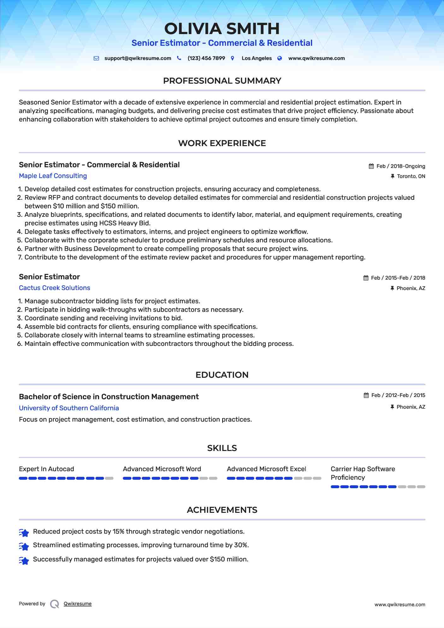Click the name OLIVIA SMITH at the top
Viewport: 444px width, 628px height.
click(222, 29)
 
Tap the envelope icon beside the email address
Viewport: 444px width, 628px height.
click(96, 58)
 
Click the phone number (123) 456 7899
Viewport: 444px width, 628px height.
click(206, 58)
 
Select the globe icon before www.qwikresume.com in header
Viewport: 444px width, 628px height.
click(280, 58)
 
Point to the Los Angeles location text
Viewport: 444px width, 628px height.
click(257, 58)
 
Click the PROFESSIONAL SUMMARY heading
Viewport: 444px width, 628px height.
click(222, 81)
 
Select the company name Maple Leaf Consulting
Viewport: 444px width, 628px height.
click(53, 176)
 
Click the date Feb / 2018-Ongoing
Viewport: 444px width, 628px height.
click(401, 166)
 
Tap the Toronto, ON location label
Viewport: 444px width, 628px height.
click(411, 176)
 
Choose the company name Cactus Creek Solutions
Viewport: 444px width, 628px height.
click(54, 288)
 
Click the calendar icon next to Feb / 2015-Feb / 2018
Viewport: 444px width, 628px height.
click(366, 278)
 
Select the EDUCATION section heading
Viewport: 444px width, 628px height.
click(222, 375)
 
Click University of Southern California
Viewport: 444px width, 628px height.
click(69, 408)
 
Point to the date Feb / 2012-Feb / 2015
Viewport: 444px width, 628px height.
click(398, 395)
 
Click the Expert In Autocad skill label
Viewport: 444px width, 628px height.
click(46, 469)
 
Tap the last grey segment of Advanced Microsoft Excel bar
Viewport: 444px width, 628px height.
click(317, 478)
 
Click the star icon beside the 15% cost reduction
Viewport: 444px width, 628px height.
click(24, 533)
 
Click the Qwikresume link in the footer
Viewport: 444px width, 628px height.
click(78, 604)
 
